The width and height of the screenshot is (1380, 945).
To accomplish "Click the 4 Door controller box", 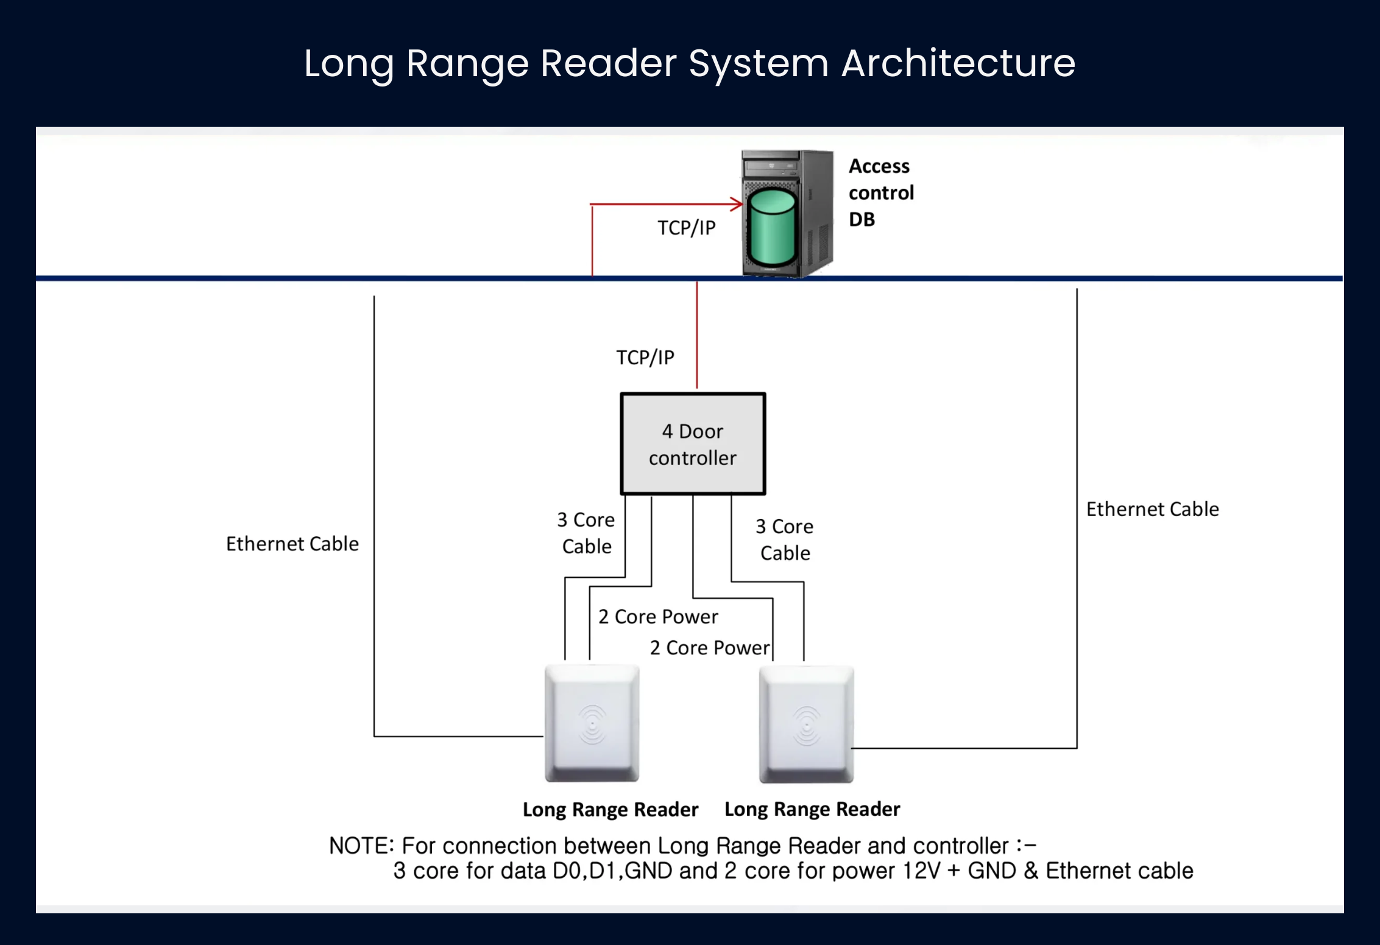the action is [x=693, y=444].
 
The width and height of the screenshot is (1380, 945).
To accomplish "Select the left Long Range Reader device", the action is [x=592, y=723].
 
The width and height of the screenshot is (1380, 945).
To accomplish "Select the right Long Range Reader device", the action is [x=806, y=724].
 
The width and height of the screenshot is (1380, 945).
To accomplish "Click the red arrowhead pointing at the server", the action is [x=737, y=204].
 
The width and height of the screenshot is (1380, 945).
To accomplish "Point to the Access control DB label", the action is [x=881, y=193].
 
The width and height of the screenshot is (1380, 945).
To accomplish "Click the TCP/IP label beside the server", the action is [x=686, y=228].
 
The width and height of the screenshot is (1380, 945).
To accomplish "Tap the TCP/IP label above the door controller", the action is [x=645, y=358].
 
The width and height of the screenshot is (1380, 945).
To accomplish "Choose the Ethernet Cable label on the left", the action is [x=292, y=543].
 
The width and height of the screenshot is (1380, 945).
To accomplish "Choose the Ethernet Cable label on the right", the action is [x=1153, y=509].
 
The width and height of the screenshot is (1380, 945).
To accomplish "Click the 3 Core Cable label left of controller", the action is [x=586, y=533].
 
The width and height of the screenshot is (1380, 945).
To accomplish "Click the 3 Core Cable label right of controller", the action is [x=785, y=540].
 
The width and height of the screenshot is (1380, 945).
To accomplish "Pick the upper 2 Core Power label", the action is [x=658, y=617].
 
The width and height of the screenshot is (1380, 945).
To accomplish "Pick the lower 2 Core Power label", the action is [x=710, y=648].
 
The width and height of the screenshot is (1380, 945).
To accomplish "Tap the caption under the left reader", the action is [x=610, y=810].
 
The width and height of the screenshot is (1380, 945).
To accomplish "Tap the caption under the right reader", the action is [x=812, y=809].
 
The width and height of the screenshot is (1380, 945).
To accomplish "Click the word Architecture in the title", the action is [x=958, y=63].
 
